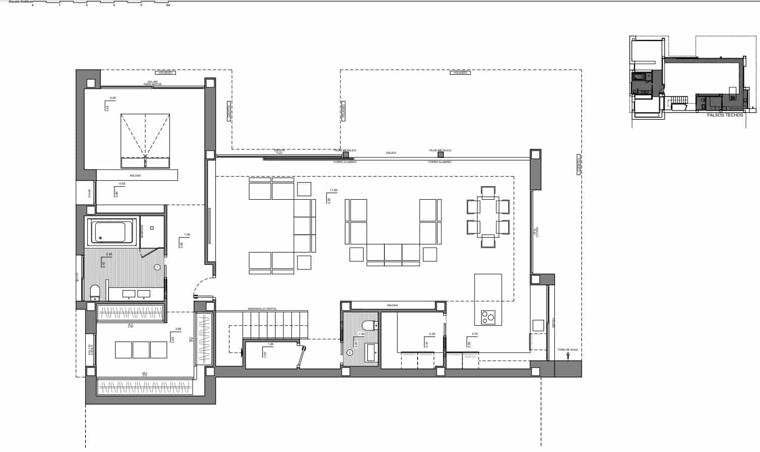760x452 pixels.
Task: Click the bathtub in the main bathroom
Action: [x=110, y=232]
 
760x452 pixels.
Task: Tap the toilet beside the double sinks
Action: [x=95, y=292]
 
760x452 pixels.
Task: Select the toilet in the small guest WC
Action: [x=370, y=325]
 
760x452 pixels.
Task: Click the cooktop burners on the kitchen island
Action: [x=488, y=317]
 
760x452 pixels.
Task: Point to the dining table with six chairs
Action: [x=488, y=217]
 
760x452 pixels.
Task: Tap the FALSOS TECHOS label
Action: [x=725, y=115]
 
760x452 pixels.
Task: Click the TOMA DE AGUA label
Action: [x=568, y=349]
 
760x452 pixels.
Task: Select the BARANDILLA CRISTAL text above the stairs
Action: [x=262, y=309]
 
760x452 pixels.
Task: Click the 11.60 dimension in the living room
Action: [x=333, y=190]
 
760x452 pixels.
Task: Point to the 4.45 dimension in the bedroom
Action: [x=112, y=98]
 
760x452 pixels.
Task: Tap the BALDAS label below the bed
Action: [x=135, y=176]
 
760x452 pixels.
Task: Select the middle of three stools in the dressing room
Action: [x=141, y=350]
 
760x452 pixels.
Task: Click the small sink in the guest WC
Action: [x=371, y=352]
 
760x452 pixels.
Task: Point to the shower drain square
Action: [x=152, y=228]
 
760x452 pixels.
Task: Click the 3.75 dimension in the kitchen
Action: [x=474, y=334]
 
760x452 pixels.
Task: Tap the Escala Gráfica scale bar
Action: [x=101, y=3]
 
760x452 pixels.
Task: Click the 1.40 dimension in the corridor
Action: [x=187, y=235]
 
